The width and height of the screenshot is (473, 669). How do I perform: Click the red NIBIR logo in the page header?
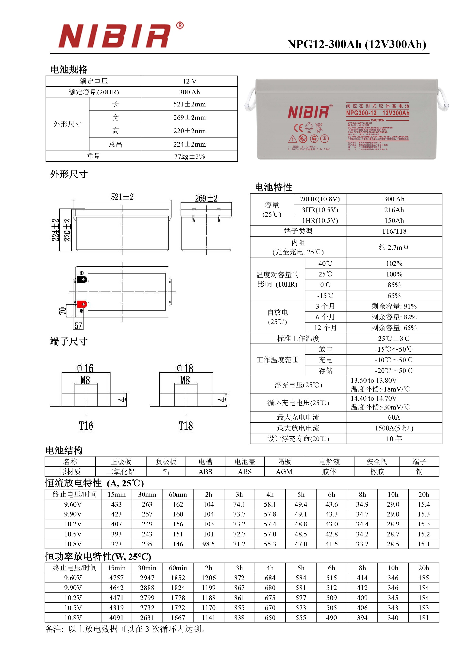pyautogui.click(x=114, y=36)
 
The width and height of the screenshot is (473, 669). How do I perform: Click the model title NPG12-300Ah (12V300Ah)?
pyautogui.click(x=356, y=45)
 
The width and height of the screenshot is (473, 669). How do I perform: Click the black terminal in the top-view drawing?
pyautogui.click(x=82, y=279)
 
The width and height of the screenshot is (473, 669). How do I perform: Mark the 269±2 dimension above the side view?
pyautogui.click(x=206, y=199)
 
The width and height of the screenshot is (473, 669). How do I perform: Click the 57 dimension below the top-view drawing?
pyautogui.click(x=78, y=326)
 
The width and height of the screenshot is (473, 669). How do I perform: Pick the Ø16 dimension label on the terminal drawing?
pyautogui.click(x=85, y=368)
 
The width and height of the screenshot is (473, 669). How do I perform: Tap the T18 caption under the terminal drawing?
pyautogui.click(x=186, y=426)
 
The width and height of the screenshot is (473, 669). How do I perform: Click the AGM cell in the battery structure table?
pyautogui.click(x=284, y=472)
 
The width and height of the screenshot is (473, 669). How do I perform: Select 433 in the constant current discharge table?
pyautogui.click(x=117, y=504)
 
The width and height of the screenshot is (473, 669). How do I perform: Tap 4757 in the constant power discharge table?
pyautogui.click(x=117, y=578)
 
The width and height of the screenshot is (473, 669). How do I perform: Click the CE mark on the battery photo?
pyautogui.click(x=299, y=128)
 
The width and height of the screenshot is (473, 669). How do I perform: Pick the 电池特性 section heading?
pyautogui.click(x=273, y=187)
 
